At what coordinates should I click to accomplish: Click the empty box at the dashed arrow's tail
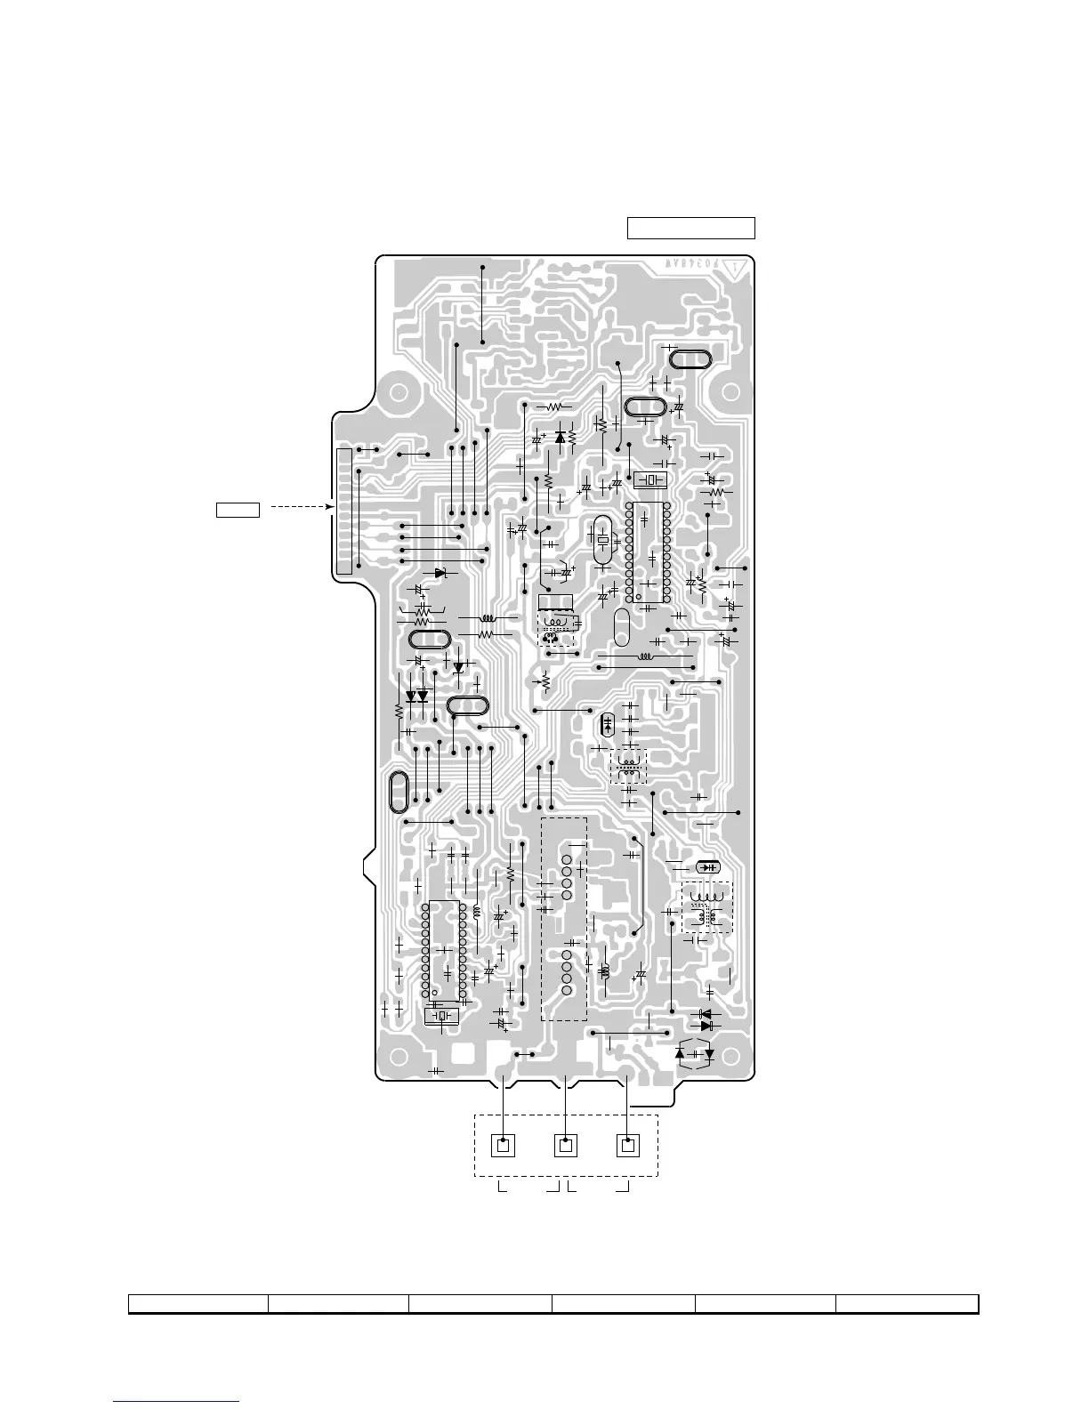[x=238, y=510]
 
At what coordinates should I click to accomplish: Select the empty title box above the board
[x=691, y=228]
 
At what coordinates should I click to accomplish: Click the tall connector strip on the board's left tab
[x=345, y=511]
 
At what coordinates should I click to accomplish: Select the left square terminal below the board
[x=504, y=1145]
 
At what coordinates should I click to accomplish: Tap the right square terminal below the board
[x=628, y=1145]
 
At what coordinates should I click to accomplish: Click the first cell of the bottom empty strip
[x=198, y=1304]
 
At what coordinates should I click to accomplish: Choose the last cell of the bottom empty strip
[x=907, y=1304]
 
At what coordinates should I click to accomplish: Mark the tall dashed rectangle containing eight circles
[x=564, y=919]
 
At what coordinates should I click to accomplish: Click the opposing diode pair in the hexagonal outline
[x=694, y=1054]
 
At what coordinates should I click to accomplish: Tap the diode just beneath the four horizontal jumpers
[x=440, y=573]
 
